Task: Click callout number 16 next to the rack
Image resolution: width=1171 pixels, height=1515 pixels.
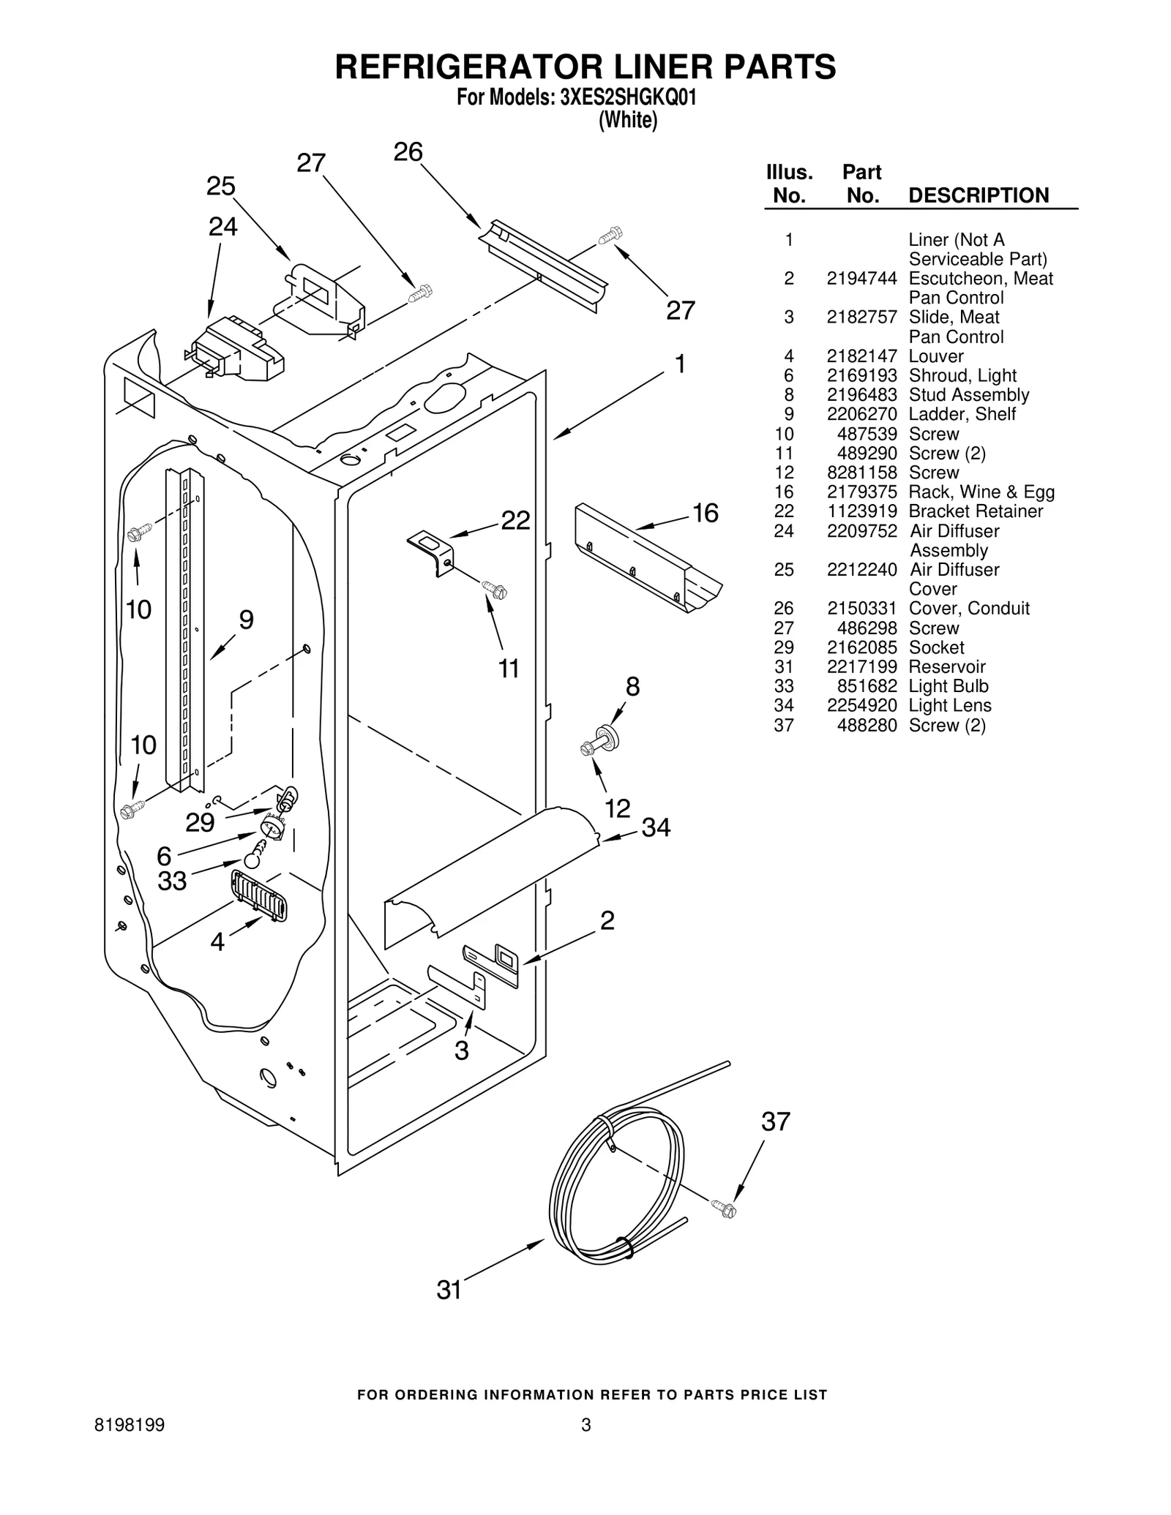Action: coord(705,513)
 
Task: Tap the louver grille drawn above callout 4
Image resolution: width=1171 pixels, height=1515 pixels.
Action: coord(259,895)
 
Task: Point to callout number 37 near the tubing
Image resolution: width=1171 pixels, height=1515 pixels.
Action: coord(776,1121)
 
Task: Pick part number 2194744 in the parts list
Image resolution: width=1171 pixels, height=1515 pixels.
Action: coord(861,278)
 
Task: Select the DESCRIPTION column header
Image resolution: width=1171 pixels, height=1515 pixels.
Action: coord(978,195)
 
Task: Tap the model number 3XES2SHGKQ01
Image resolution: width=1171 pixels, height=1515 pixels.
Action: coord(628,98)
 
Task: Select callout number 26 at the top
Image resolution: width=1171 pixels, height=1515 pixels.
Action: coord(408,151)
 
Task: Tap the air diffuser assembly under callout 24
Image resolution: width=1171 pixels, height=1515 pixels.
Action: coord(236,348)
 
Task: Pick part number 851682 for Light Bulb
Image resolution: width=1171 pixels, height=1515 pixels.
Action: coord(867,686)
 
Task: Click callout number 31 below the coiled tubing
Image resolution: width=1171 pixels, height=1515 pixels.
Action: coord(449,1290)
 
